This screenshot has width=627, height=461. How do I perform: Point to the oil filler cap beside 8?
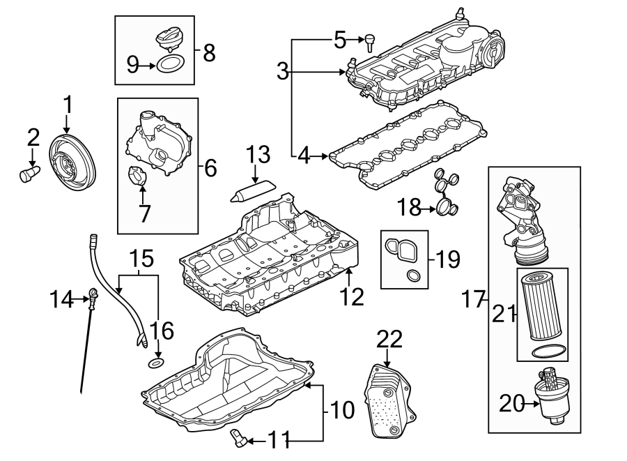(171, 38)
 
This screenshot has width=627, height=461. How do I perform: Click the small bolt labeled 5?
(369, 41)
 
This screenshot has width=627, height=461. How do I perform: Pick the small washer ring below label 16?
(158, 363)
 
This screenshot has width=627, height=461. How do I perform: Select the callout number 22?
(390, 340)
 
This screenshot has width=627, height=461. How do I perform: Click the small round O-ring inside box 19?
(414, 276)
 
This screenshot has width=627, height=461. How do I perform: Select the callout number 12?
(352, 297)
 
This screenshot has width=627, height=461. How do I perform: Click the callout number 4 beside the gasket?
(304, 156)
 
